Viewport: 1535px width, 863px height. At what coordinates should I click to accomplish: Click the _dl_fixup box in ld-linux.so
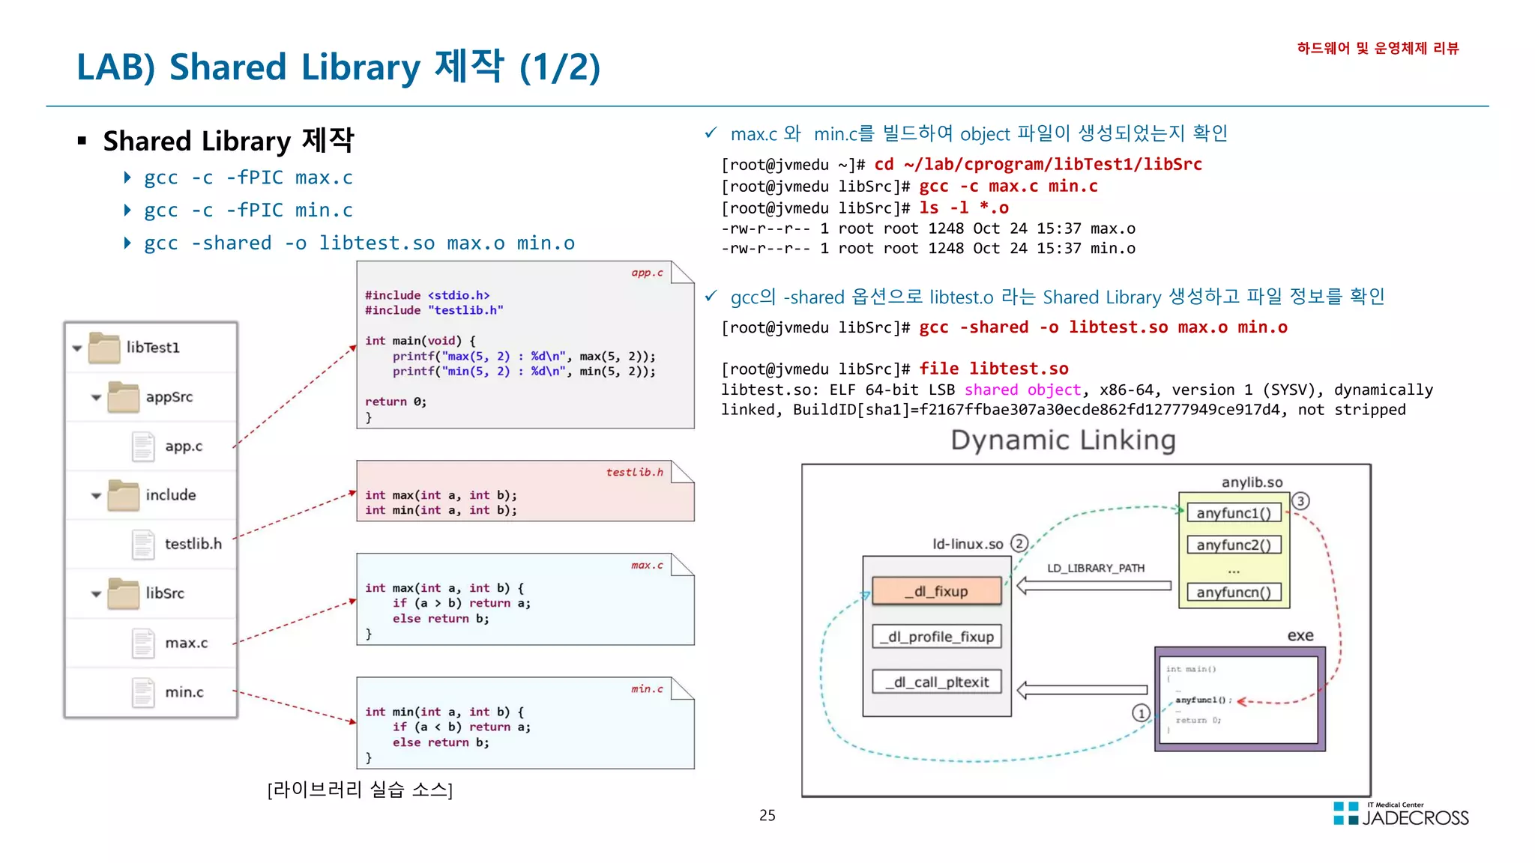point(937,591)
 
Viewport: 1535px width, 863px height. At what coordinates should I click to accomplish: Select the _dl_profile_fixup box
point(937,637)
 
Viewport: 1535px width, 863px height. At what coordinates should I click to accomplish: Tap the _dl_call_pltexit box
point(937,682)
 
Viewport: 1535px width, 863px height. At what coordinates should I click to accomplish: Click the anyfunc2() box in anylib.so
point(1234,545)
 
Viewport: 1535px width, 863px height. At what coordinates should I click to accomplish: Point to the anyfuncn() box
point(1234,592)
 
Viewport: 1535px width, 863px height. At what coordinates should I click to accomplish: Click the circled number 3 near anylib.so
point(1300,501)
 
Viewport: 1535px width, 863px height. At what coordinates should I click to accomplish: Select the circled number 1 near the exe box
point(1141,713)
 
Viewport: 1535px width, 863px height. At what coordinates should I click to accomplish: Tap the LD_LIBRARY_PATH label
point(1096,568)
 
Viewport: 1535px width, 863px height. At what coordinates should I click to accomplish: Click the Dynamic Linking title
point(1063,440)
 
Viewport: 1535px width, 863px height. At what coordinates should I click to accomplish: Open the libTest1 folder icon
point(104,348)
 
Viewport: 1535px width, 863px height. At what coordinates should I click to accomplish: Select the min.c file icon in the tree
point(143,692)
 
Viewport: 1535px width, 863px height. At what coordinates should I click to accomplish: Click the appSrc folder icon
point(124,397)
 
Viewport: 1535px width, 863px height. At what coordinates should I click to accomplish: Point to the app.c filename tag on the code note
point(647,273)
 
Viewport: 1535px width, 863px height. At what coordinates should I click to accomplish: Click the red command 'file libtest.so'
point(994,369)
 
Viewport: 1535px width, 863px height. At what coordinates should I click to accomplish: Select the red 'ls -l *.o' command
point(964,208)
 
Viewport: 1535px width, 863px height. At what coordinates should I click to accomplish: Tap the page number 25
point(767,815)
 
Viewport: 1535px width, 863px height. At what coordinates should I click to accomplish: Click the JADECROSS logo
point(1401,814)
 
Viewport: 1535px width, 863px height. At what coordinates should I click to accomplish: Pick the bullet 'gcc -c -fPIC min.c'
point(248,211)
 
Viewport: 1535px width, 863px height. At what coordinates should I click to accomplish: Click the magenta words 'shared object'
point(1022,390)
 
